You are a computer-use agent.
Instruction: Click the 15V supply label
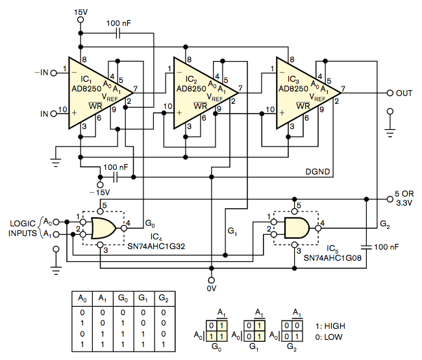click(x=81, y=11)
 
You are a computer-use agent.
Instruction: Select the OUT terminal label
click(x=404, y=93)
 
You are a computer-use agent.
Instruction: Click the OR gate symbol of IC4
click(x=105, y=228)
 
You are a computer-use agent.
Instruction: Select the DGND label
click(x=319, y=172)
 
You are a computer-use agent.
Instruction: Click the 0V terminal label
click(x=212, y=287)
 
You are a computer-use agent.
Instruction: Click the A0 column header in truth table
click(x=82, y=298)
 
